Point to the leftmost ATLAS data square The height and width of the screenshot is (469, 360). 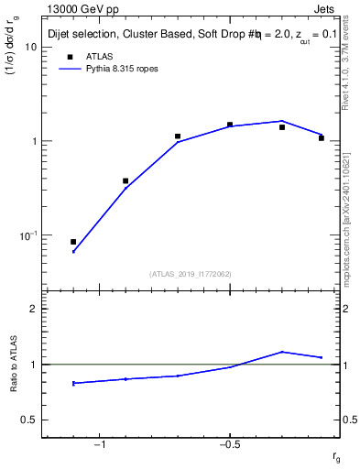click(x=73, y=242)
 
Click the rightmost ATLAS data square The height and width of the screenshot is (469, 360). click(x=322, y=137)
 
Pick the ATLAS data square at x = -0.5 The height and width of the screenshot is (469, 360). click(x=230, y=125)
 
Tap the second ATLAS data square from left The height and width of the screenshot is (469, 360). click(x=125, y=181)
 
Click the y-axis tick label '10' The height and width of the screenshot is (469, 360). click(x=29, y=47)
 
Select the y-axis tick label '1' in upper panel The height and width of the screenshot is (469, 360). click(x=33, y=142)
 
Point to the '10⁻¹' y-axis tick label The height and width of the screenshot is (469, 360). click(x=27, y=235)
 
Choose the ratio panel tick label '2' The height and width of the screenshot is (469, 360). click(x=33, y=309)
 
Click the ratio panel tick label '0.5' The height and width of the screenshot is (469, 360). click(x=27, y=420)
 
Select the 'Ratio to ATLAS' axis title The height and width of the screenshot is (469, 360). click(x=13, y=365)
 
